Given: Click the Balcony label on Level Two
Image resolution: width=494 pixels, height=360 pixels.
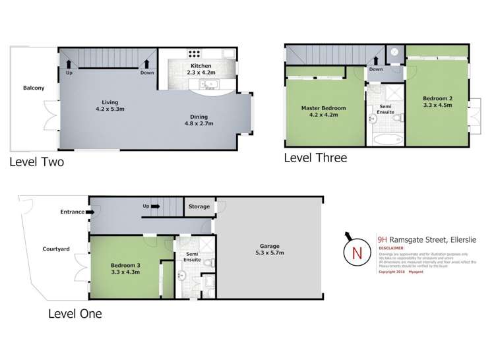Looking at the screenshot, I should [x=34, y=88].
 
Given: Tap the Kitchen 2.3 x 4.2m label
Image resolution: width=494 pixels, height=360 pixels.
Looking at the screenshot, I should [x=201, y=71].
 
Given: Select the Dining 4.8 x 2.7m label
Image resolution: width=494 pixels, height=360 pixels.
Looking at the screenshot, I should [x=198, y=119].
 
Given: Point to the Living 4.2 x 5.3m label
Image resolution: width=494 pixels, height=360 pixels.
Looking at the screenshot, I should [x=109, y=105].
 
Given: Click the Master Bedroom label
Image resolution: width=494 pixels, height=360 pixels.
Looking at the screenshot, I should [x=323, y=112].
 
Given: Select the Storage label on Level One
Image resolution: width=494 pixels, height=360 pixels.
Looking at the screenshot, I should [x=199, y=206].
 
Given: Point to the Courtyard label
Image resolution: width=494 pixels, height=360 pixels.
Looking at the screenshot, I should [x=56, y=249].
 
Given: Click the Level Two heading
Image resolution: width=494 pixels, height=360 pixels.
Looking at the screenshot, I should [x=36, y=162].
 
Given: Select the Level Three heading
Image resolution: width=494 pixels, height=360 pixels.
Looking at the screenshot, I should [x=315, y=158].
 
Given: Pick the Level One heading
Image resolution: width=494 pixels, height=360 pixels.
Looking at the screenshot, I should [x=75, y=314].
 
